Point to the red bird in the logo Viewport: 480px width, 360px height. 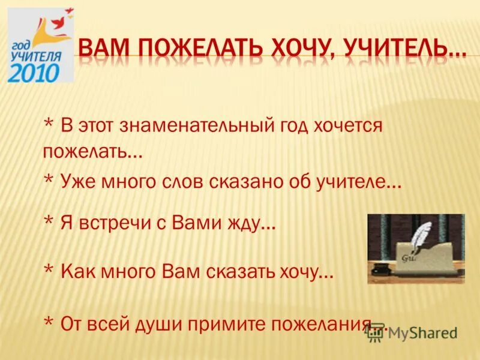click(59, 22)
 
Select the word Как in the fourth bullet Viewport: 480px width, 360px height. click(77, 272)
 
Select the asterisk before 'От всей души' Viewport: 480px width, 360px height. click(49, 322)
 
